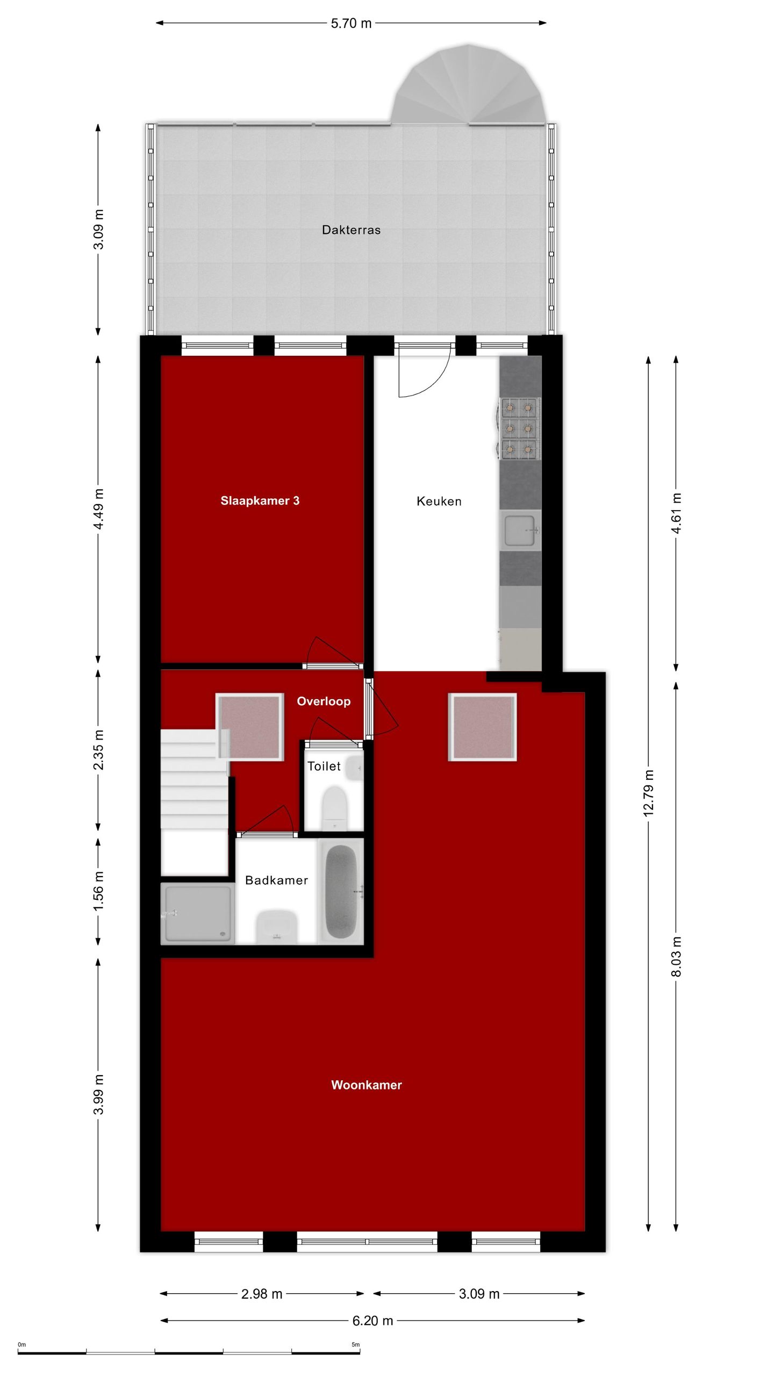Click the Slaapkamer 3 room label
tap(260, 501)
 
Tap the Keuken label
tap(439, 501)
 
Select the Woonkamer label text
tap(366, 1085)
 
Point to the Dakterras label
tap(351, 230)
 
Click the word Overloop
tap(324, 701)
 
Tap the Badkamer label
tap(276, 880)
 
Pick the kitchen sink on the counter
tap(520, 531)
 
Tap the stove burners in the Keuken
tap(519, 428)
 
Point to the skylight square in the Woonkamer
tap(482, 727)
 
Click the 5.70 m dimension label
tap(351, 24)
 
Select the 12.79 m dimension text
tap(649, 793)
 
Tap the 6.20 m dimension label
tap(372, 1321)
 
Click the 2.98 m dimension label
tap(262, 1294)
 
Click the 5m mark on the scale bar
tap(356, 1345)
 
